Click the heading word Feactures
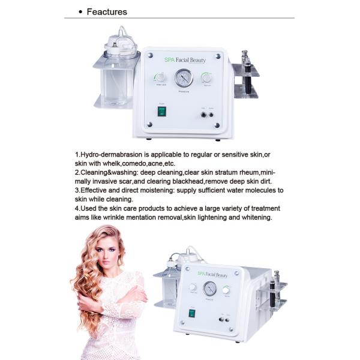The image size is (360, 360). click(x=107, y=12)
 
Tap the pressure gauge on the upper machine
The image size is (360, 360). click(x=183, y=79)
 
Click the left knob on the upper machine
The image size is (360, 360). click(x=160, y=78)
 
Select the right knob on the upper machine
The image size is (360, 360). click(x=207, y=78)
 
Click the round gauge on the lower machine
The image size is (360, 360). click(x=209, y=287)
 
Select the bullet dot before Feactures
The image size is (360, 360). click(x=80, y=12)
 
